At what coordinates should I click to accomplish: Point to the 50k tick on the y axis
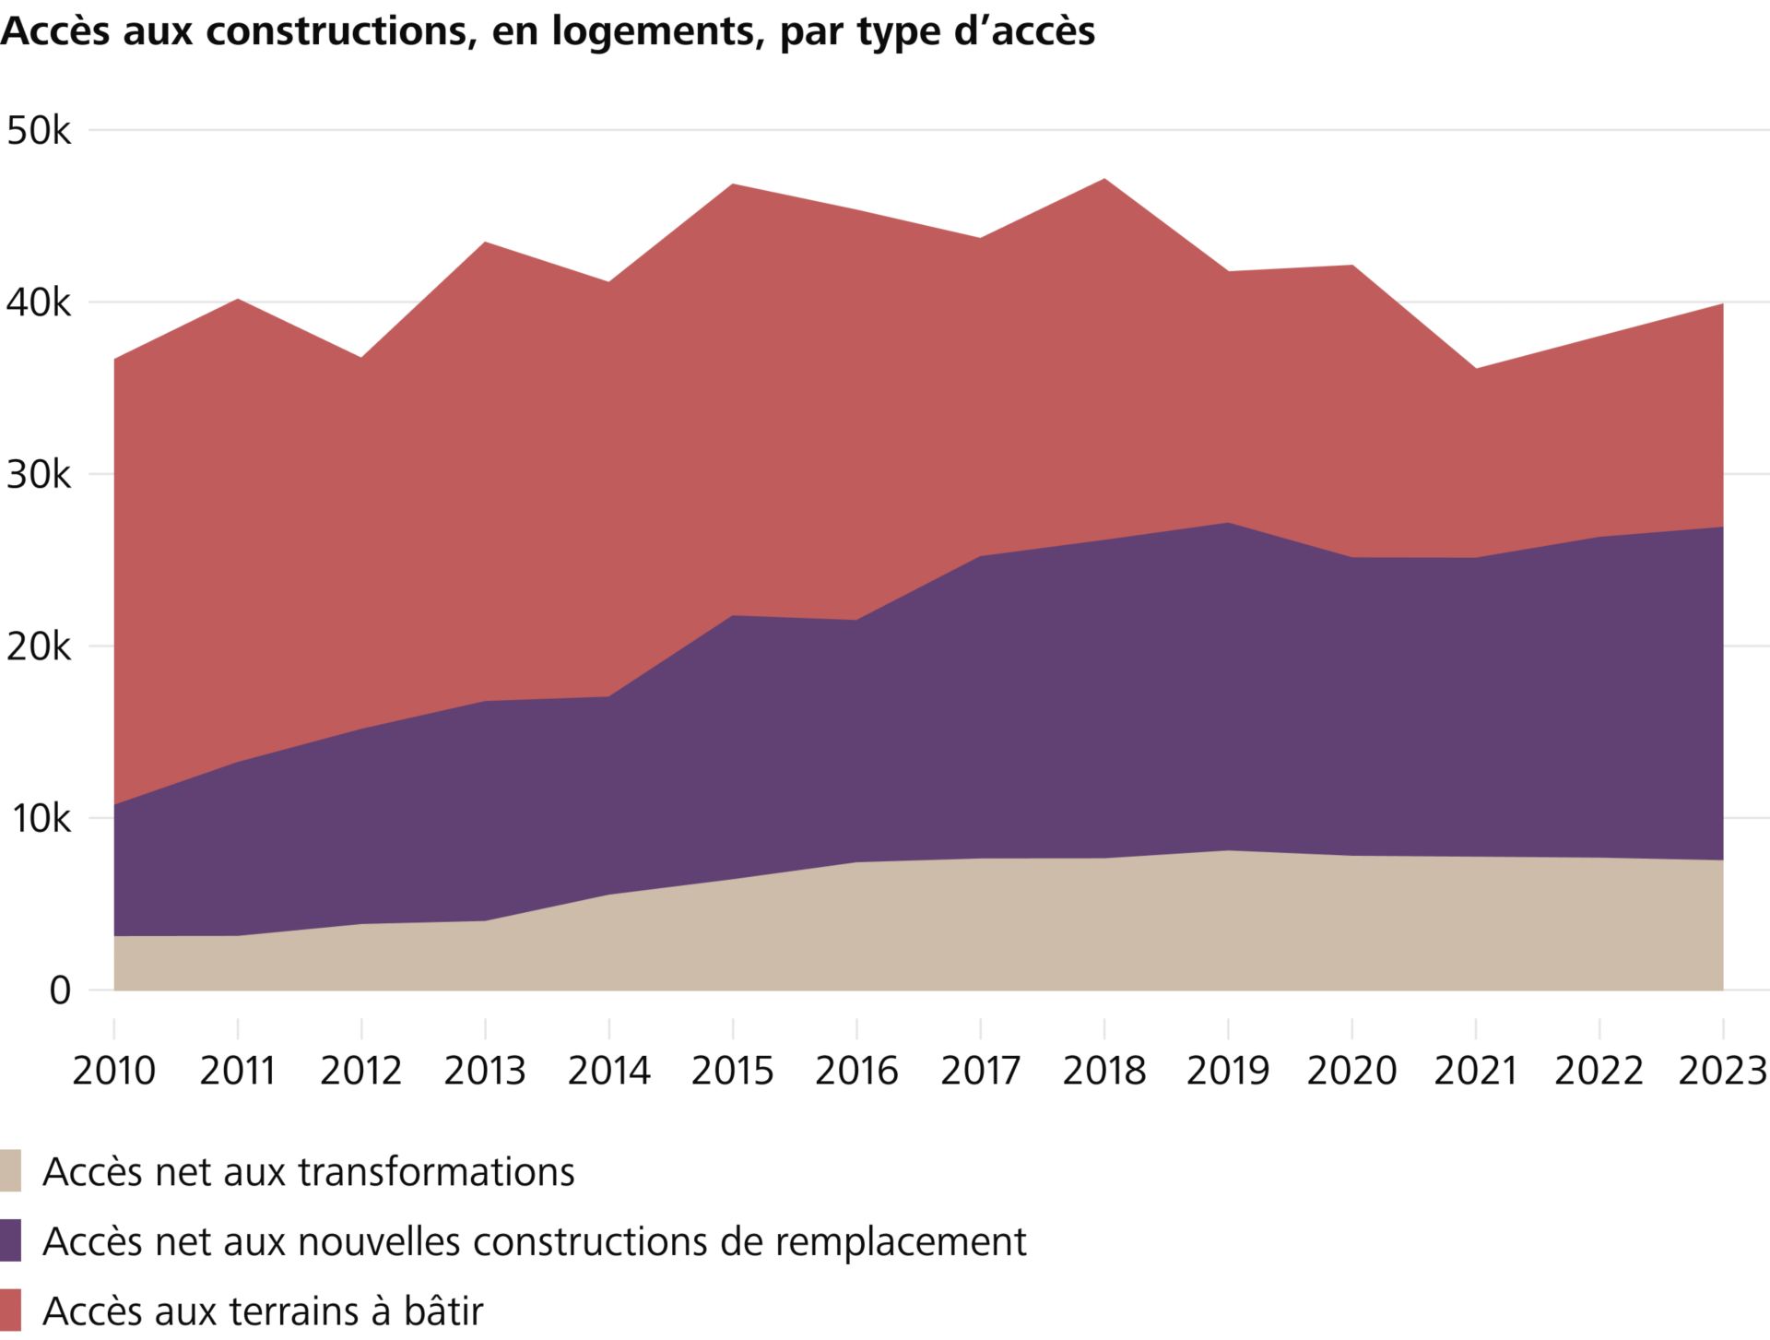click(x=38, y=131)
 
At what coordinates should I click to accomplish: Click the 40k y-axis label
click(x=38, y=302)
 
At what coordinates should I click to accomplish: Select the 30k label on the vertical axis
click(x=38, y=475)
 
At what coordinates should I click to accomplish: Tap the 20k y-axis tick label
click(x=38, y=646)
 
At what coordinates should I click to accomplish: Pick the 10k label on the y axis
click(x=38, y=819)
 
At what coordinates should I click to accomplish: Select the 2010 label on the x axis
click(x=113, y=1071)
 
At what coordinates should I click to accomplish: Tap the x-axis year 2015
click(x=733, y=1071)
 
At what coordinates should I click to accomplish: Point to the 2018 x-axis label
click(x=1104, y=1071)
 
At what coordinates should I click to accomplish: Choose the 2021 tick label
click(x=1476, y=1071)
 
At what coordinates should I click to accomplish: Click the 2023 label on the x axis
click(x=1722, y=1071)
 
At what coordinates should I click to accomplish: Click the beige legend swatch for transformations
click(x=10, y=1171)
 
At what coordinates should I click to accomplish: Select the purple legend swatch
click(x=10, y=1240)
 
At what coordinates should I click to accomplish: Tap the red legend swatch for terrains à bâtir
click(x=10, y=1310)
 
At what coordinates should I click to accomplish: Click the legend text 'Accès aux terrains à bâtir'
click(x=263, y=1310)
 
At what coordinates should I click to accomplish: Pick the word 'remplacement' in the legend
click(x=900, y=1241)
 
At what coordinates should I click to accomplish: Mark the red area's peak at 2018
click(x=1104, y=180)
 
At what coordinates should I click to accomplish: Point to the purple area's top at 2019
click(x=1228, y=524)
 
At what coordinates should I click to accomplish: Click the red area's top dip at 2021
click(x=1476, y=370)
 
